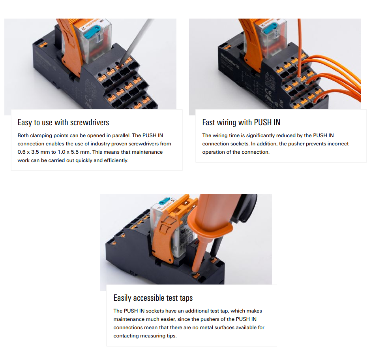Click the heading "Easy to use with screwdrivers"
(x=63, y=122)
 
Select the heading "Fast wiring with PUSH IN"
(x=241, y=122)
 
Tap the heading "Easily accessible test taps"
(x=153, y=298)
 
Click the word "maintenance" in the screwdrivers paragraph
(x=147, y=152)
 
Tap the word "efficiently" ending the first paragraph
(x=115, y=160)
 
